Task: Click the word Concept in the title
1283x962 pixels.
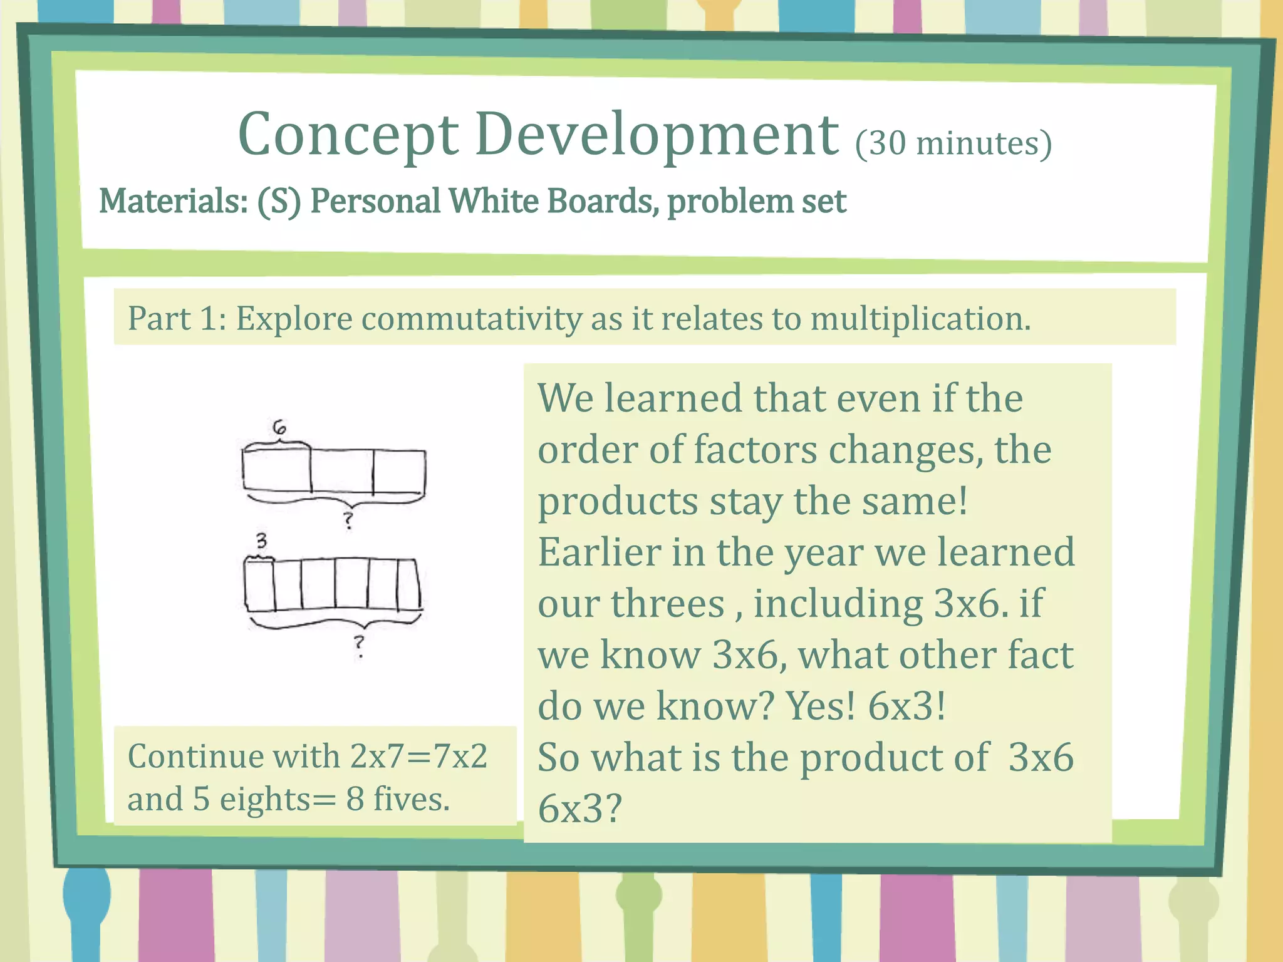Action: (x=348, y=135)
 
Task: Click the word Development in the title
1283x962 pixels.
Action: (x=657, y=135)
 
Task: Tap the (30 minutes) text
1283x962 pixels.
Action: (x=953, y=143)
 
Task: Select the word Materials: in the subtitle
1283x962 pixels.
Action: (x=174, y=202)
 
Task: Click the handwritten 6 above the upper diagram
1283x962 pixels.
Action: (x=279, y=428)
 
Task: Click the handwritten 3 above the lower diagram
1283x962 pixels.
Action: (x=261, y=540)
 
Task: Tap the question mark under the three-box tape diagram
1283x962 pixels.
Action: (x=348, y=520)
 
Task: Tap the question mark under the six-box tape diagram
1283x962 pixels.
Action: (x=359, y=645)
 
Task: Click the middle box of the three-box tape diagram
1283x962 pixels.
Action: (x=342, y=471)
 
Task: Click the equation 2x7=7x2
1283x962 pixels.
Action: (x=418, y=756)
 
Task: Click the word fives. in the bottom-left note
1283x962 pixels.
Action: (x=412, y=800)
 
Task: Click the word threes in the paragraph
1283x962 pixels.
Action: (x=667, y=604)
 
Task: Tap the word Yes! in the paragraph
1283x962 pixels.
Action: (x=820, y=706)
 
